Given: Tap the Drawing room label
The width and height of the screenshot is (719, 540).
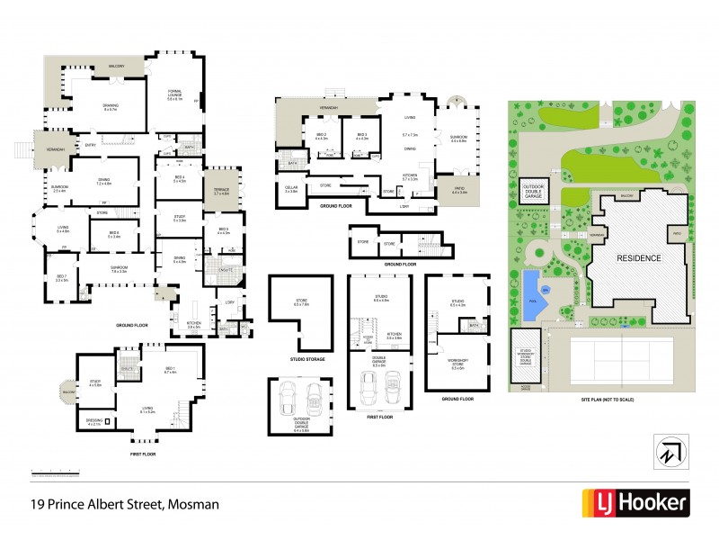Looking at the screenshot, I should tap(111, 106).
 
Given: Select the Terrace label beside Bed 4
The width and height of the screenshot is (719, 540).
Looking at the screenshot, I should tap(221, 190).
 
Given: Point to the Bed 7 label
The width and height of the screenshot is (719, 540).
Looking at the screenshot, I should tap(62, 278).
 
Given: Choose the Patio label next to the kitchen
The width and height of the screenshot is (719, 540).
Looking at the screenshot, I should tap(460, 189).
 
